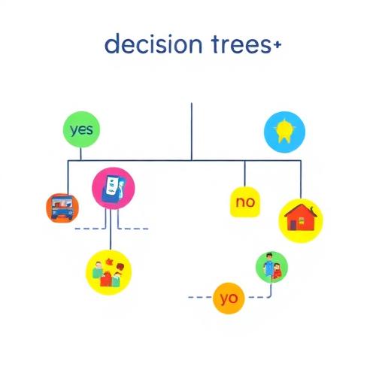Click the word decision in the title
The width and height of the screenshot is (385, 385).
point(153,44)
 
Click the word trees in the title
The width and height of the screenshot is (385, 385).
point(241,45)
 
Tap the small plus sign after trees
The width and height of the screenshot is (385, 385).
point(277,45)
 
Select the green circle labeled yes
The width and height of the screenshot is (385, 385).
point(81,129)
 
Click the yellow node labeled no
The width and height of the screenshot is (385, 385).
point(245,202)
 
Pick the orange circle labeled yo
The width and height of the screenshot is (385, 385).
point(229,298)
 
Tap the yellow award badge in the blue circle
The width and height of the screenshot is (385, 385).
point(283,131)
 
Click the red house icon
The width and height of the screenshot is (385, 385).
point(301,217)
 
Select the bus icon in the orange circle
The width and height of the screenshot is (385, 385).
point(62,208)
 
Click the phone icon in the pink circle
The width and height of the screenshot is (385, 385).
point(114,189)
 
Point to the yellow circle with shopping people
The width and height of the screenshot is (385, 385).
point(109,272)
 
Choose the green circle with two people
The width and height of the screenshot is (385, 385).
point(271,267)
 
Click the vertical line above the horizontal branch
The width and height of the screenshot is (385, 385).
point(192,132)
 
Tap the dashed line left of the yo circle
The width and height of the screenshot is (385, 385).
point(200,297)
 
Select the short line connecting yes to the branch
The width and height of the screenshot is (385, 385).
point(80,154)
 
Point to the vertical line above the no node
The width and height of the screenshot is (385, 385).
point(244,174)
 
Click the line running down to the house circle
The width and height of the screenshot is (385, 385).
point(301,180)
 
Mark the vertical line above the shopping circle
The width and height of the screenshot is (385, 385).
point(111,229)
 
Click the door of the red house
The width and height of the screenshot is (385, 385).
point(292,225)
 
